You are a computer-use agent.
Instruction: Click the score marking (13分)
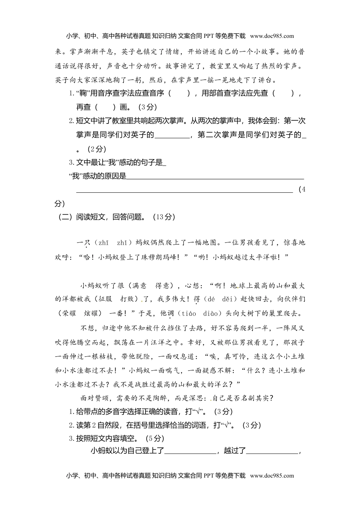coord(164,217)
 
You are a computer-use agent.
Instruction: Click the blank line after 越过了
coord(273,451)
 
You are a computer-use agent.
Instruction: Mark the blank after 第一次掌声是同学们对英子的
coord(172,135)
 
